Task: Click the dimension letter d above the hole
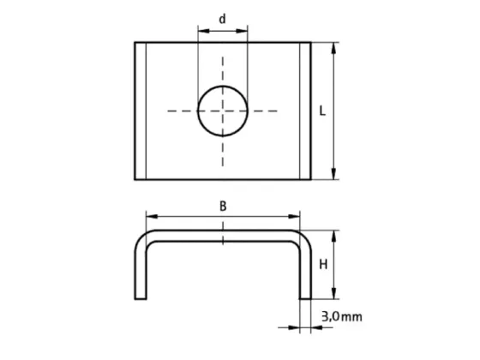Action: click(223, 19)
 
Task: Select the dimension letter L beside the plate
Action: click(322, 111)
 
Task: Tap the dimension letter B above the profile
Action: click(223, 207)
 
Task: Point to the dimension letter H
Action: click(323, 264)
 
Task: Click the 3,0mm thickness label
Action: click(342, 316)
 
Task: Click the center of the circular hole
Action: click(223, 111)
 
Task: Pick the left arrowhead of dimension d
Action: click(203, 31)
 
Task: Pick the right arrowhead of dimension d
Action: click(242, 31)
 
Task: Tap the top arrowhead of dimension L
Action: click(333, 48)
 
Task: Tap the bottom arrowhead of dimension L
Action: click(333, 173)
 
